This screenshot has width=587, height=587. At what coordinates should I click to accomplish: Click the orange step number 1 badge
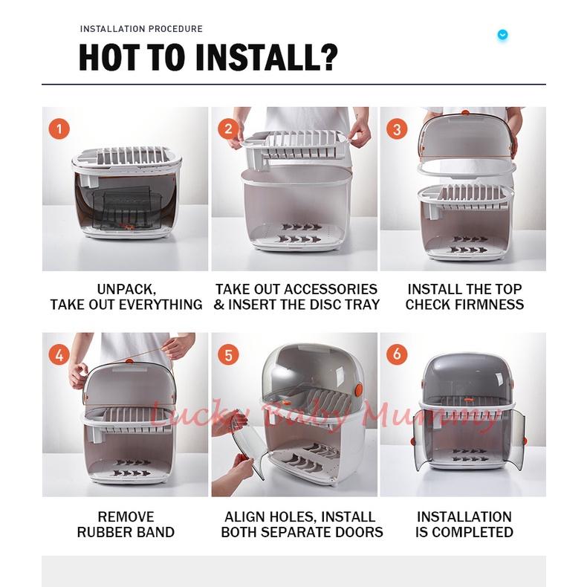[59, 129]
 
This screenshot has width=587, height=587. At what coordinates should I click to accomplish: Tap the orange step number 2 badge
[228, 129]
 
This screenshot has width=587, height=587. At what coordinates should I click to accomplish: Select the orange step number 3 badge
[397, 129]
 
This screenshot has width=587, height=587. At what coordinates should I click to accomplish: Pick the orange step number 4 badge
[59, 354]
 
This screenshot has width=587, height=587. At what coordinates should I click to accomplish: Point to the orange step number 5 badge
[228, 354]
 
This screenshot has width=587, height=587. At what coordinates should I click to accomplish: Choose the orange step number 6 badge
[397, 354]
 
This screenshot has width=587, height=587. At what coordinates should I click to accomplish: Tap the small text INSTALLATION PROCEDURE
[141, 29]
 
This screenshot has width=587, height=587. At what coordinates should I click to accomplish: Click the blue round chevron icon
[502, 35]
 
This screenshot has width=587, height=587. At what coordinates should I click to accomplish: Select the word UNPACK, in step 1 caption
[126, 289]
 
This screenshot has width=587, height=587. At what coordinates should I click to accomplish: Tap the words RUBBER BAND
[126, 532]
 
